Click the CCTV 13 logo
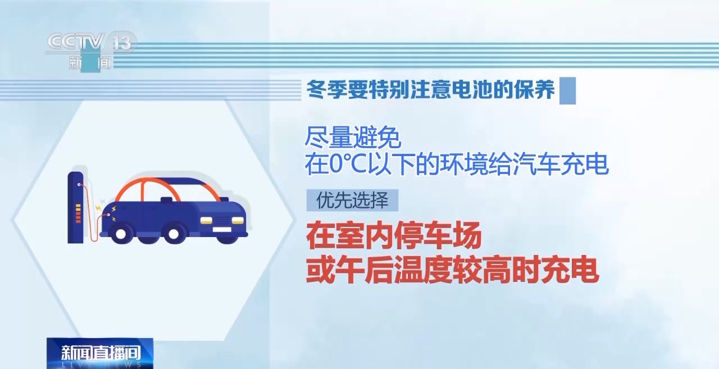(x=90, y=51)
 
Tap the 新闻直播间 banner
(x=100, y=353)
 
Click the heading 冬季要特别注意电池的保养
(x=431, y=89)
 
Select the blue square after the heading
(x=567, y=91)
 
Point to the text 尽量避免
(x=353, y=138)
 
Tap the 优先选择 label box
(x=352, y=200)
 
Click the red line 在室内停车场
(x=394, y=236)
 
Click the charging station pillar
(x=75, y=208)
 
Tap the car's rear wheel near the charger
(x=121, y=234)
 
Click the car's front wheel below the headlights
(x=174, y=234)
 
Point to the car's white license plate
(x=221, y=230)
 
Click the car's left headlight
(x=206, y=220)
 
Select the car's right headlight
(x=238, y=220)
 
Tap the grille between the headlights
(x=222, y=220)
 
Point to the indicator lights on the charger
(x=78, y=213)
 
